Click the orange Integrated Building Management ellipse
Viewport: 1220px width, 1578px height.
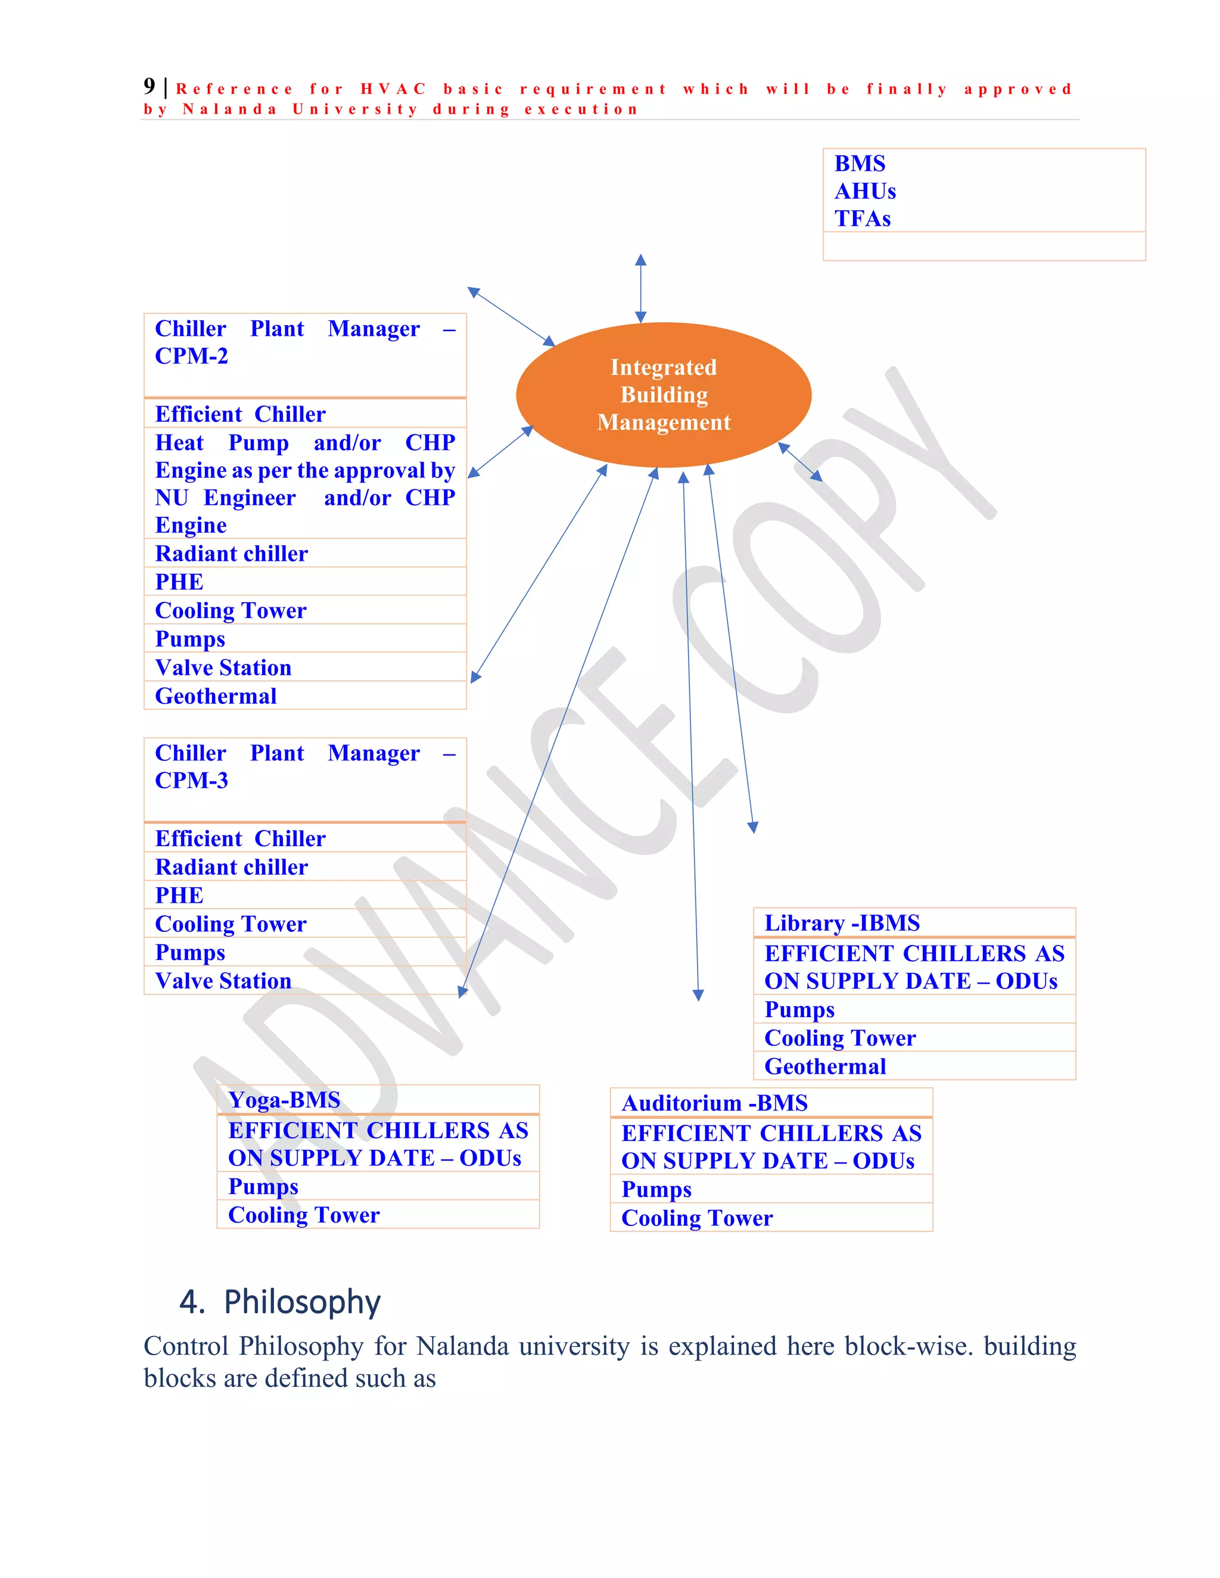[x=664, y=394]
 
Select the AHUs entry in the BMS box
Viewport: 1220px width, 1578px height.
[x=865, y=192]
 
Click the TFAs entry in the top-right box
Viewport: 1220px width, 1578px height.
[x=862, y=219]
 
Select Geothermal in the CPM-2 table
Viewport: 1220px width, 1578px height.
[x=216, y=696]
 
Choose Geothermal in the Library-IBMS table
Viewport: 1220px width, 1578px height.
[x=824, y=1066]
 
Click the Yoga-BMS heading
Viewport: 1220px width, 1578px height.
[x=284, y=1100]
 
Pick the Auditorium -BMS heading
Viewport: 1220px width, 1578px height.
[x=714, y=1103]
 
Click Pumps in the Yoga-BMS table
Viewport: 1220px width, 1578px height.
[x=263, y=1186]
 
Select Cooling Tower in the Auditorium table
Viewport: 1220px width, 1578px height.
[x=697, y=1218]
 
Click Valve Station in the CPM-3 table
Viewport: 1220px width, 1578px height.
[x=223, y=981]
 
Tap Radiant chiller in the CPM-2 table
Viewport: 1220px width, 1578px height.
[x=231, y=553]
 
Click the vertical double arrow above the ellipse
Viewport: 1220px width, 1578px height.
[x=640, y=288]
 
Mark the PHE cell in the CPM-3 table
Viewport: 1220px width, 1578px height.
[x=179, y=895]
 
